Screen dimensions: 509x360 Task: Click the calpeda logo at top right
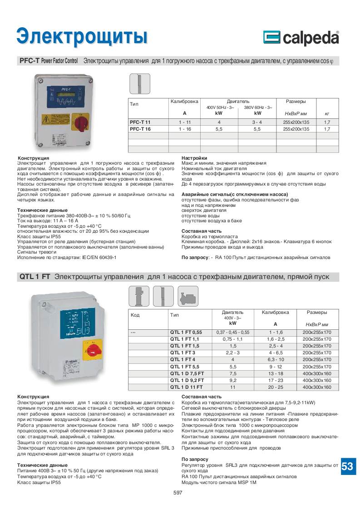click(300, 38)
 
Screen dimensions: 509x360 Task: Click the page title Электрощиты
click(82, 36)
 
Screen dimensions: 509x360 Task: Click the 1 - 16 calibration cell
click(184, 129)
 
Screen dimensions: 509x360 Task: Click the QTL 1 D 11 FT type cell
click(185, 387)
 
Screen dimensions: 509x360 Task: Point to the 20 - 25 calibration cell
click(275, 387)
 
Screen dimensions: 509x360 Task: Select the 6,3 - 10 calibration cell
click(275, 360)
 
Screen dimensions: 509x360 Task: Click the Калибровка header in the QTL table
click(275, 313)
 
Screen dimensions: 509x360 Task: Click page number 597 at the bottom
click(178, 493)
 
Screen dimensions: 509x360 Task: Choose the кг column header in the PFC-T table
click(327, 113)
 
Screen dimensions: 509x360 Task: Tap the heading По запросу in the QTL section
click(195, 460)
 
